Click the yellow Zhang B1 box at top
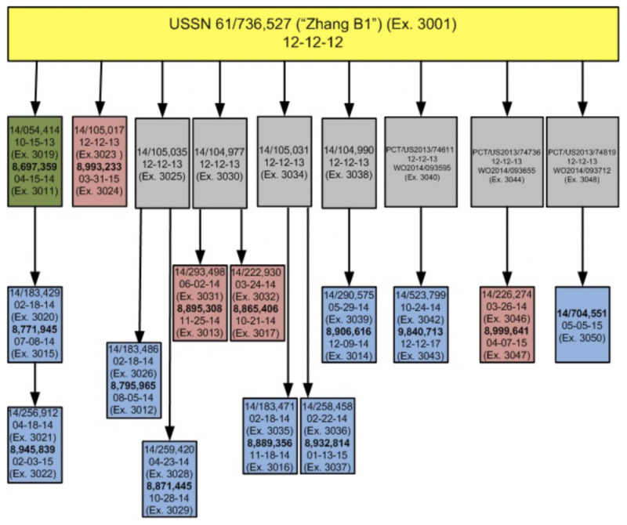click(313, 32)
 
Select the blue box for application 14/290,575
click(351, 320)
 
